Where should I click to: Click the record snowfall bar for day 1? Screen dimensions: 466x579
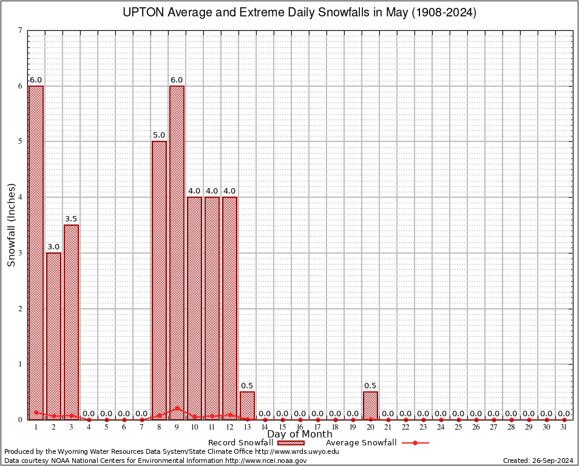click(x=36, y=252)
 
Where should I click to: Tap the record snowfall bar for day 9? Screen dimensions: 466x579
click(x=177, y=252)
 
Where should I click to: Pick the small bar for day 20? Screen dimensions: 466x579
click(x=370, y=405)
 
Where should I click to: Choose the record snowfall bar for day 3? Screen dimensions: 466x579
click(x=71, y=322)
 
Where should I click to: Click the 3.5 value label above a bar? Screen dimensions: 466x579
click(x=71, y=219)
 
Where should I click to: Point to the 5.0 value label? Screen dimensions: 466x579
click(x=159, y=135)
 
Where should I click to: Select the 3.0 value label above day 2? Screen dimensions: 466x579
click(x=53, y=247)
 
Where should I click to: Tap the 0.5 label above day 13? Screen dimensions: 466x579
click(x=247, y=386)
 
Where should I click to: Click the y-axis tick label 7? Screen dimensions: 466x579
click(x=21, y=30)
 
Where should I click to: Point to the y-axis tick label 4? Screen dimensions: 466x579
click(x=21, y=197)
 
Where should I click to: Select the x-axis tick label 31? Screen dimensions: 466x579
click(x=564, y=428)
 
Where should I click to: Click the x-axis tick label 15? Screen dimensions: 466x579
click(x=282, y=428)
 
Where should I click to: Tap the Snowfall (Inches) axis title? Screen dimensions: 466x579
click(x=12, y=225)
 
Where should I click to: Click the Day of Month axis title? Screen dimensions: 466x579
click(x=300, y=434)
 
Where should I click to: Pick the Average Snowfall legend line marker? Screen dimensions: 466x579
click(x=415, y=443)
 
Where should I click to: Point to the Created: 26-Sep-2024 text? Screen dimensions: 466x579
click(x=538, y=461)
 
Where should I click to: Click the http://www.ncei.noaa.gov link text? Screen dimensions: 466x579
click(x=266, y=461)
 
